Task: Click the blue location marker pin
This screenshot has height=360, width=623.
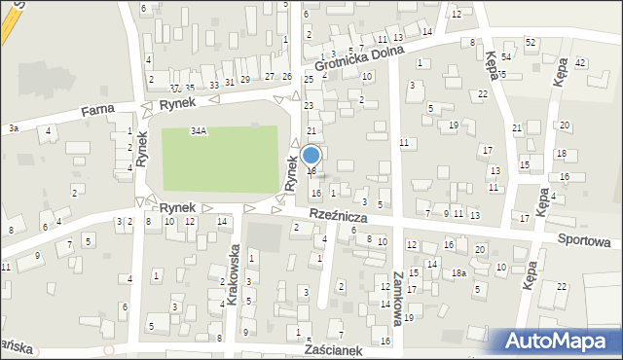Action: coord(311,156)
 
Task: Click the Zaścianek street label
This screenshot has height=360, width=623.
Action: coord(333,347)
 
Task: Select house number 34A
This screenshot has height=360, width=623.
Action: coord(199,130)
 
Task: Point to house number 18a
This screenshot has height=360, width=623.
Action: coord(458,273)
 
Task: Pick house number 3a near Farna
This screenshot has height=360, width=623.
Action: coord(13,127)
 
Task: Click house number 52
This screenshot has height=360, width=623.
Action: coord(531,43)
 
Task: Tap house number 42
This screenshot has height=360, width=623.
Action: coord(580,62)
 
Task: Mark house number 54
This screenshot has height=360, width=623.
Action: coord(506,58)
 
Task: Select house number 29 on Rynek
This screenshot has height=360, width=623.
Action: coord(244,78)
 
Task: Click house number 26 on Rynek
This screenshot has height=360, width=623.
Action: coord(286,76)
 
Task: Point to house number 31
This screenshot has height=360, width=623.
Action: coord(229,82)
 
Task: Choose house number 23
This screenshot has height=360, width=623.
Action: coord(309,105)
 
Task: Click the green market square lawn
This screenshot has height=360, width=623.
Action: coord(220,156)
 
